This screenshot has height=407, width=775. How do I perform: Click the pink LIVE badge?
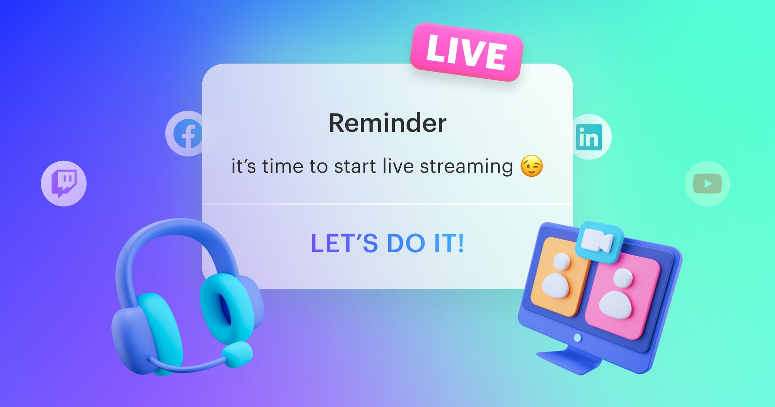467,52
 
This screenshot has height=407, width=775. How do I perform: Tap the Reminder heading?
387,123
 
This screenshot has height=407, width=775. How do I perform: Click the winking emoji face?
531,166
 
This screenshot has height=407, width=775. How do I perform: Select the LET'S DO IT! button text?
387,243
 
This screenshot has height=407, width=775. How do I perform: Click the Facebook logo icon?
187,134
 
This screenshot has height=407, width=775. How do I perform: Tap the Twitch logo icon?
64,183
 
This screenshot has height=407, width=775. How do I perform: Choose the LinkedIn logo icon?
589,137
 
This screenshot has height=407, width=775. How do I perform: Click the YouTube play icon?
707,184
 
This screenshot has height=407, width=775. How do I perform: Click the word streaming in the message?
466,167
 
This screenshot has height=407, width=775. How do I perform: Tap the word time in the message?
282,167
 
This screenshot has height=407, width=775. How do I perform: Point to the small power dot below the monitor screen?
577,338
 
